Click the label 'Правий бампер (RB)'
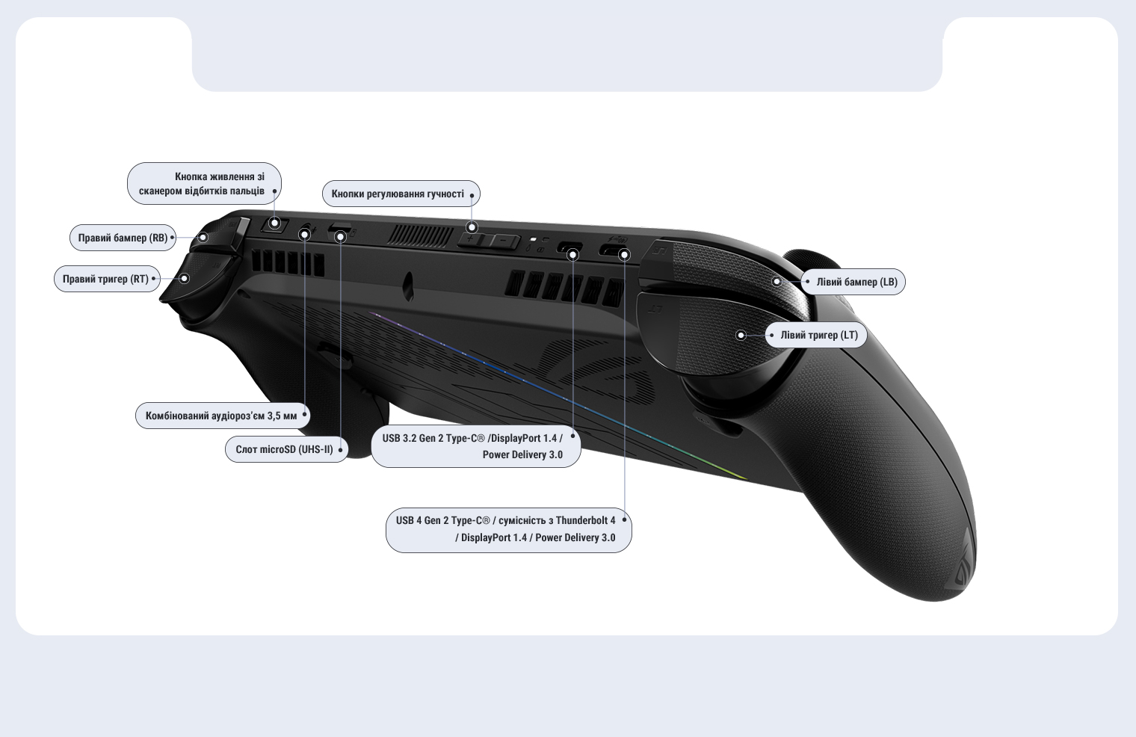coord(123,238)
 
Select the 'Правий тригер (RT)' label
coord(105,279)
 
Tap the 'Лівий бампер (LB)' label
coord(856,282)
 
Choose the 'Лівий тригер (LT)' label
coord(819,335)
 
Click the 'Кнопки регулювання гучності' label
coord(398,194)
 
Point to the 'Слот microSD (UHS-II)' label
coord(284,449)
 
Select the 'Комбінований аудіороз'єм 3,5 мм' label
coord(221,416)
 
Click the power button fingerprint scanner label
coord(202,184)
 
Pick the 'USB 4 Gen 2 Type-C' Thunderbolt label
coord(506,528)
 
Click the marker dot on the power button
coord(274,223)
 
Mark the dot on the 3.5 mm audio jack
coord(304,235)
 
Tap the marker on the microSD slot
coord(340,237)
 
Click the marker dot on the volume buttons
coord(472,226)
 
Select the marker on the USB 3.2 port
coord(573,255)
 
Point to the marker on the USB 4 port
coord(625,255)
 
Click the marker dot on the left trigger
coord(741,336)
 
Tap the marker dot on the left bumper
coord(777,282)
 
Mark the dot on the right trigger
coord(185,279)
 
